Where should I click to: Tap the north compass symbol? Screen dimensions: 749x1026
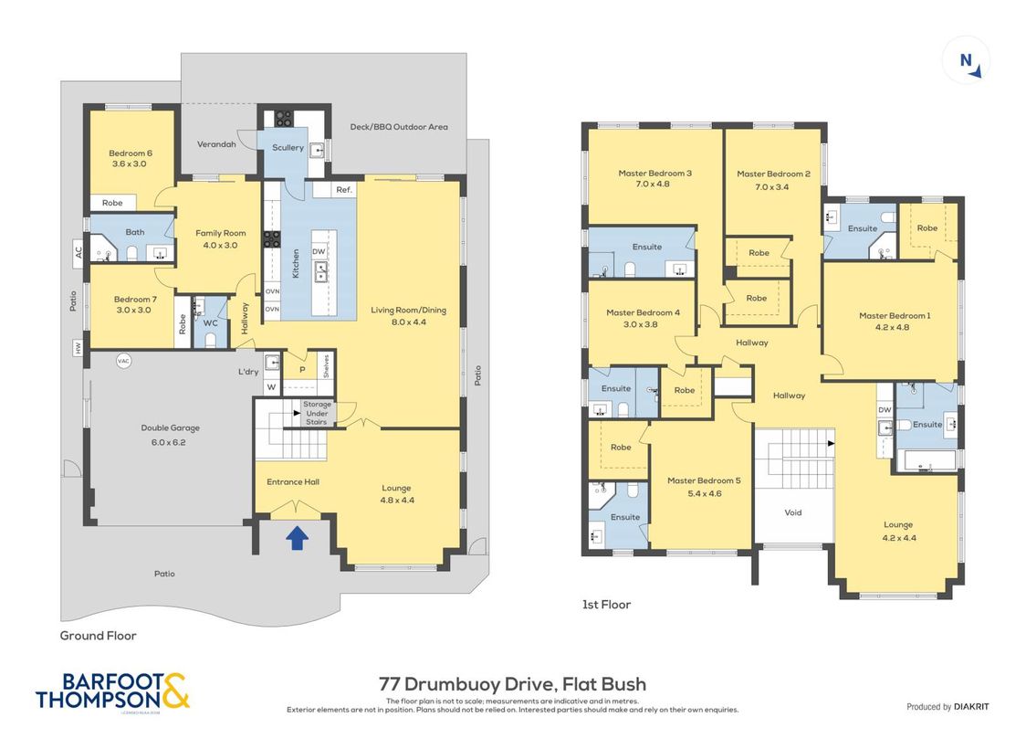point(966,61)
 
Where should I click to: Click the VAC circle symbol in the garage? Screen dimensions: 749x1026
point(124,361)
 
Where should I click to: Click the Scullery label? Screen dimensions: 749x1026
point(288,148)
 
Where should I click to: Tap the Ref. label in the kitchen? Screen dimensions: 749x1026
point(343,190)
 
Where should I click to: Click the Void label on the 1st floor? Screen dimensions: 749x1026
point(792,512)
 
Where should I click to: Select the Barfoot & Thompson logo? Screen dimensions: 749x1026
point(113,691)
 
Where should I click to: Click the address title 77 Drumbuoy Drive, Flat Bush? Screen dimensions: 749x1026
point(512,683)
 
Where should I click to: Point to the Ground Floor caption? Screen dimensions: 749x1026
point(98,636)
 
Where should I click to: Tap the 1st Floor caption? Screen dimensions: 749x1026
point(606,605)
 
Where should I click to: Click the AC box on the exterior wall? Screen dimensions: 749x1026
point(79,250)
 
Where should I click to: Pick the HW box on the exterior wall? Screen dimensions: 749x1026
point(79,347)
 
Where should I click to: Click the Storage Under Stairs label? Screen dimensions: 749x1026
point(318,412)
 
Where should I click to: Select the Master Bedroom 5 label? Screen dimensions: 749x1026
point(700,487)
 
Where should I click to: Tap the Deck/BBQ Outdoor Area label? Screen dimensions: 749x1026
point(399,127)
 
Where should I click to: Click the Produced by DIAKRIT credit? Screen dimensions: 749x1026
point(947,707)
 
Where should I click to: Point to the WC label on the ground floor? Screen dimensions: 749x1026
point(209,322)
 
